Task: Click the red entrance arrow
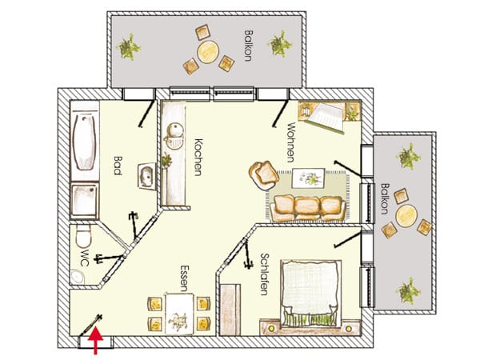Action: (95, 340)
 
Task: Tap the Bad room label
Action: (118, 166)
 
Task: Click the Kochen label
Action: (198, 157)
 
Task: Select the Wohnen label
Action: (290, 142)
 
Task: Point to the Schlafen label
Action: (264, 274)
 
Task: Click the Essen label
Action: (184, 278)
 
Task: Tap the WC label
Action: (85, 258)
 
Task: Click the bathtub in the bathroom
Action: (85, 142)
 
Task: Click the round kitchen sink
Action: (174, 130)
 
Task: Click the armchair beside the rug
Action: (263, 174)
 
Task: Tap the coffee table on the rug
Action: (308, 178)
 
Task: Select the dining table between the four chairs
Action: (179, 314)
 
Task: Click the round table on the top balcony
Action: (207, 51)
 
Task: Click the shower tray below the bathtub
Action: (85, 200)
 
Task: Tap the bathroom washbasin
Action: (146, 176)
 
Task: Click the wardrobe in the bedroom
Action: (230, 310)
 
